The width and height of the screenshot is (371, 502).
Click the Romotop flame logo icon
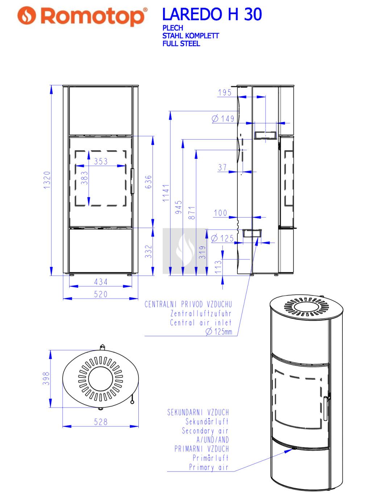27,15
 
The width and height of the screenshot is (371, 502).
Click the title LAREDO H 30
212,14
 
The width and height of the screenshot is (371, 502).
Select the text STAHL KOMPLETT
191,36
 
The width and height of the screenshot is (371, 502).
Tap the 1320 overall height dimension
47,180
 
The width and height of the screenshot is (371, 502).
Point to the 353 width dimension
101,161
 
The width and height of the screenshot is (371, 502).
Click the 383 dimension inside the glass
84,178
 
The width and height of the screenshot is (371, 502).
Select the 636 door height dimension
148,182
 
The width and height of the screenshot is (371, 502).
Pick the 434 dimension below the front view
101,282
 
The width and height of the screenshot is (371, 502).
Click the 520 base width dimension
101,294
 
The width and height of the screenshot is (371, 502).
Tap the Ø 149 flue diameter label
223,119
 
